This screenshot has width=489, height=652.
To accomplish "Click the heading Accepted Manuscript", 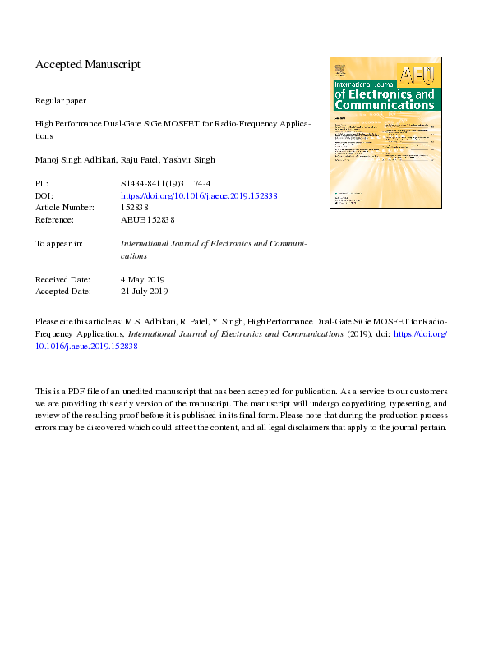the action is point(88,64).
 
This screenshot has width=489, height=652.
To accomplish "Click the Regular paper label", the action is point(61,100).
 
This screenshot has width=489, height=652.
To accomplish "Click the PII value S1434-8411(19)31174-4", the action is point(167,185).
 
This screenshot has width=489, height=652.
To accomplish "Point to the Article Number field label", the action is point(66,208).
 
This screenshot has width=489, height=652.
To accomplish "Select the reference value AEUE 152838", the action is point(148,219).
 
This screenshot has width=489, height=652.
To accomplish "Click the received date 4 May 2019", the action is point(143,280).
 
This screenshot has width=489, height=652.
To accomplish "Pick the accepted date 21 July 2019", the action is point(145,292).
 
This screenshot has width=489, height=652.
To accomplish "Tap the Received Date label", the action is point(63,280).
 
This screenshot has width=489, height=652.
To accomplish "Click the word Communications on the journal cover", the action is point(384,105).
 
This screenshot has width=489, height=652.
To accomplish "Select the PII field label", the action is point(42,185).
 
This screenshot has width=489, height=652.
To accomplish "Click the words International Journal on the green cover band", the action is point(364,85).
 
